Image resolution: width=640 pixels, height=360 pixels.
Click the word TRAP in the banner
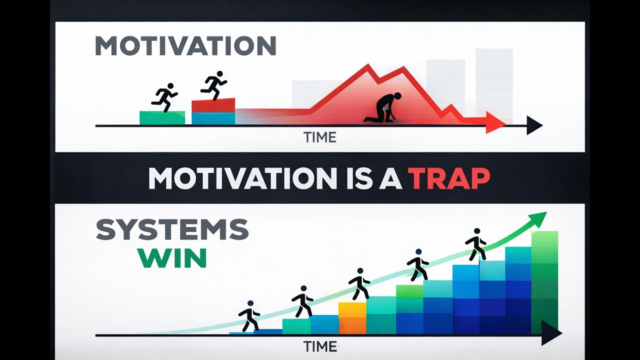pos(449,178)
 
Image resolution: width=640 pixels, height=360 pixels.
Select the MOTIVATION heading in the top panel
pos(185,46)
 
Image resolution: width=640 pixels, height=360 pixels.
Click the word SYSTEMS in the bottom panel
pos(172,229)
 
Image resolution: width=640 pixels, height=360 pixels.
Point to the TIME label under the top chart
pos(320,137)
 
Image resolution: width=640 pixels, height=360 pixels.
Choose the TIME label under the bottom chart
pos(320,346)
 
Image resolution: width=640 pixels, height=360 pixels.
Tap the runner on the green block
pos(164,97)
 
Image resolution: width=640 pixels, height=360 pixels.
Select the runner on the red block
pos(213,85)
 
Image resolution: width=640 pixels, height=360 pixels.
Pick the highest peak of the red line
pos(368,65)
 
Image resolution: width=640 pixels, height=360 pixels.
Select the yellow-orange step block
pos(352,317)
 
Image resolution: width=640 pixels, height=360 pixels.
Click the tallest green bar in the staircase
pos(544,282)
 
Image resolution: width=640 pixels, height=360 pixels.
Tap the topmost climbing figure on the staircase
pos(475,244)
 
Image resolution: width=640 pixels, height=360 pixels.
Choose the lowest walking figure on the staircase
pos(249,316)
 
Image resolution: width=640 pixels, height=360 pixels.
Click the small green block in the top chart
pos(162,118)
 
